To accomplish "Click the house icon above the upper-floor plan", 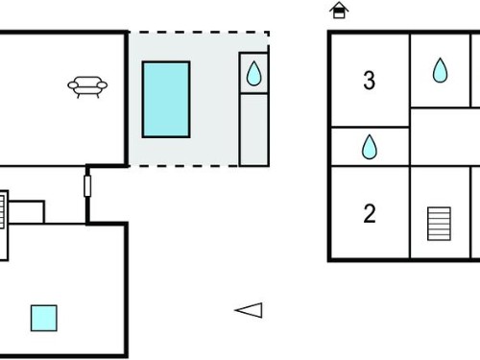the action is (x=339, y=11).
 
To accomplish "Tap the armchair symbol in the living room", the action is (x=87, y=86).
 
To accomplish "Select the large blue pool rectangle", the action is (x=166, y=100).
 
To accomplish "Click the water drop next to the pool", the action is (x=253, y=73).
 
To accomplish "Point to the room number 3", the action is (x=369, y=80).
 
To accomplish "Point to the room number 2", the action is (x=370, y=213).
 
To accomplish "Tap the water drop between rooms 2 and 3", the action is (x=370, y=147).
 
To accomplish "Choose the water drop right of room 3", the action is (x=440, y=70).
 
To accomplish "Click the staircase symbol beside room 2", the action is (x=439, y=224).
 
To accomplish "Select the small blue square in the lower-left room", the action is (x=44, y=318).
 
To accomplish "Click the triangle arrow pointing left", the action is (x=249, y=310).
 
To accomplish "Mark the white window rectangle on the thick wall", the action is (x=87, y=186).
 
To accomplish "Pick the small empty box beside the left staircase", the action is (x=26, y=212).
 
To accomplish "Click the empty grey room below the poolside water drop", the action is (x=253, y=130).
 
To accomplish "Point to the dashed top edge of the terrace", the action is (x=199, y=32).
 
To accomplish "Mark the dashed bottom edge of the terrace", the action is (x=183, y=166).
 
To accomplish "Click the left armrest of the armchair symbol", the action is (x=73, y=85).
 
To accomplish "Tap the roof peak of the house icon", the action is (x=339, y=3).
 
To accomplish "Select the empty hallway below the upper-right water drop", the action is (x=444, y=137).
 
